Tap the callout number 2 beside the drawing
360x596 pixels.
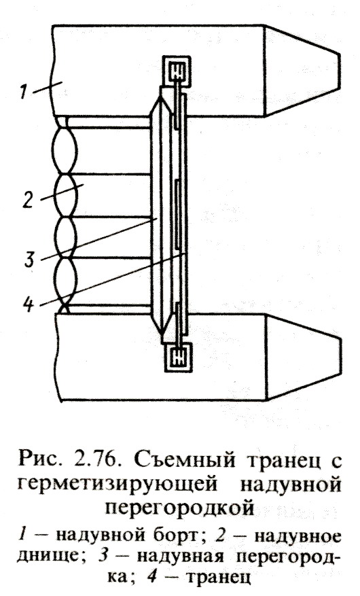28,199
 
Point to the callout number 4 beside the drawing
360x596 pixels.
30,303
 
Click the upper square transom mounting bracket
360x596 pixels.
176,71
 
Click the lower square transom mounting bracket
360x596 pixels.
177,357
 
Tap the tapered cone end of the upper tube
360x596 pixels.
302,70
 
